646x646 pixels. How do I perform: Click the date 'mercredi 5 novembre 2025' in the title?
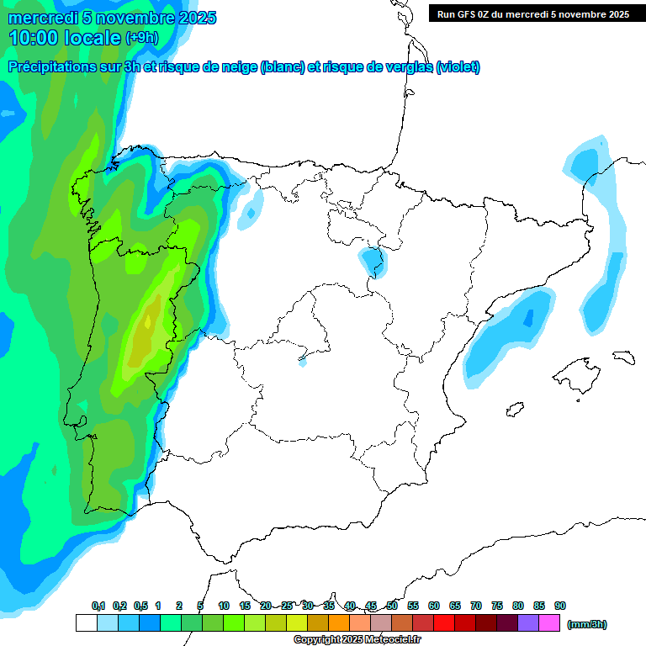point(112,18)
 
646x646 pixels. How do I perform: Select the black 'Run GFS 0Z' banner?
point(532,13)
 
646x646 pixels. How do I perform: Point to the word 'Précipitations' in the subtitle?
point(59,67)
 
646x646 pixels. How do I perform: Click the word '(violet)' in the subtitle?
point(458,67)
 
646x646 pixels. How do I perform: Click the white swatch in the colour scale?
point(86,623)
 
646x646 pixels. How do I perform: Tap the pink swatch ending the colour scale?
point(549,623)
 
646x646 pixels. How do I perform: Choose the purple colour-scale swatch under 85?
point(528,623)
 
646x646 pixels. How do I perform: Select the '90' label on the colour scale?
point(560,606)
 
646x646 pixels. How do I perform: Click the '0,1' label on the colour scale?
point(98,606)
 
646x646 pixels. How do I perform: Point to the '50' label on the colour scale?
point(392,606)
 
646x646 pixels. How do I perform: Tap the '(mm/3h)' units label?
point(586,624)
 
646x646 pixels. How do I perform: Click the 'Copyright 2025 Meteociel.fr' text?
point(357,640)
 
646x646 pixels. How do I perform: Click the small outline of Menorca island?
point(623,357)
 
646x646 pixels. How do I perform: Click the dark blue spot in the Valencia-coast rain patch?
point(528,318)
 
